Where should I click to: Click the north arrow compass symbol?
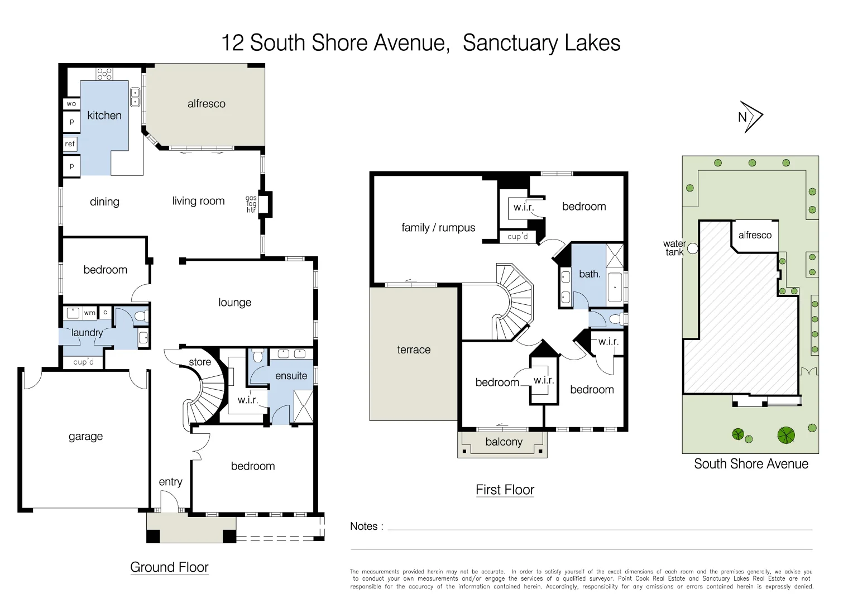point(751,117)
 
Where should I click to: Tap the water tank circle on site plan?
point(693,248)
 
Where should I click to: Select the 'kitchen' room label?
point(104,116)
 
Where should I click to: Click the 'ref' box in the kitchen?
point(70,144)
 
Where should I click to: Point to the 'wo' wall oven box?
point(71,104)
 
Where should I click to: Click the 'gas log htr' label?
point(251,204)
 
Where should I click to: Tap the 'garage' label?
point(85,437)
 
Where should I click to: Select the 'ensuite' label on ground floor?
point(291,376)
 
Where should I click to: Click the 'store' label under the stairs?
point(200,362)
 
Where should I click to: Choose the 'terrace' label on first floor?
point(414,350)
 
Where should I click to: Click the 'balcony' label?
point(504,442)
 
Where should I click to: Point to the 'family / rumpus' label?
point(438,228)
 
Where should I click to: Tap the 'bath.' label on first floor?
point(590,274)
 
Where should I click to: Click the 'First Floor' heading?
point(505,490)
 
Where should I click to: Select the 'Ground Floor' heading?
point(169,567)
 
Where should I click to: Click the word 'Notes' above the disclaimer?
point(363,526)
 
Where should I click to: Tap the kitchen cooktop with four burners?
point(104,74)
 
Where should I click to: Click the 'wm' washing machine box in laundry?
point(89,313)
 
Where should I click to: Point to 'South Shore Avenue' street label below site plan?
point(751,464)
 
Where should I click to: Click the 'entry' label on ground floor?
point(170,482)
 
